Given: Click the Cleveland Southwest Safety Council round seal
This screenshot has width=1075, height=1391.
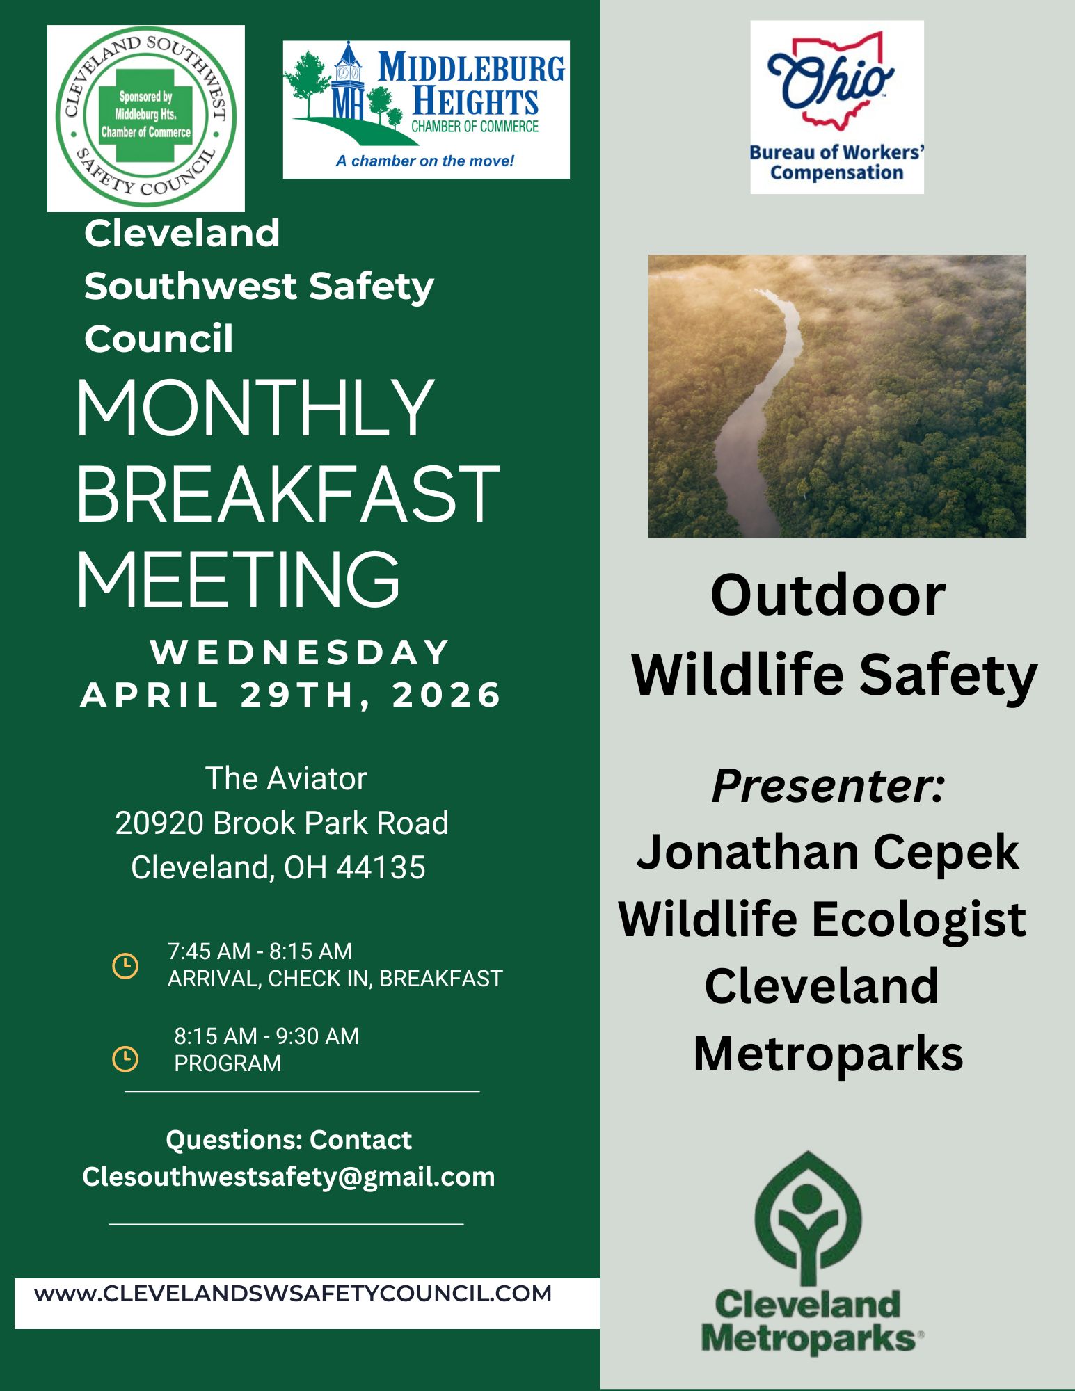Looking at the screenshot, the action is tap(146, 118).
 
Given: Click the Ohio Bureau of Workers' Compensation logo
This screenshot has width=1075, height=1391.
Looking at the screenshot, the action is tap(837, 107).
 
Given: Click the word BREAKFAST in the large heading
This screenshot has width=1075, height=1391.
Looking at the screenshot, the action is tap(288, 493).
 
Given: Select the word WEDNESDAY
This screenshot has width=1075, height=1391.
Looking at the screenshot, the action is tap(300, 652).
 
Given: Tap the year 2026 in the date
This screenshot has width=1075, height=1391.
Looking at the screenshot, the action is tap(447, 695).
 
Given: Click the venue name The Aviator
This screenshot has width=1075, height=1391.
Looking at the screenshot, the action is tap(286, 779).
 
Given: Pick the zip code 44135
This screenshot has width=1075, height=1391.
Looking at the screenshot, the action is tap(381, 867).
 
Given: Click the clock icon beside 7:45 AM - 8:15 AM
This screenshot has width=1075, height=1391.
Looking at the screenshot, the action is tap(125, 966).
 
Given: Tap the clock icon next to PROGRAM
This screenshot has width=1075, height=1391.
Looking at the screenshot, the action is tap(125, 1059).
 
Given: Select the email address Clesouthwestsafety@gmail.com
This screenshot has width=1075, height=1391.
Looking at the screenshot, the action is tap(289, 1177).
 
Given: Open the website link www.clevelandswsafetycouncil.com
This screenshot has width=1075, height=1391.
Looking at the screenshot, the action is tap(293, 1294).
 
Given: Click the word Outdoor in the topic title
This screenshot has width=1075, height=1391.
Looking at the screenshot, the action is tap(828, 595).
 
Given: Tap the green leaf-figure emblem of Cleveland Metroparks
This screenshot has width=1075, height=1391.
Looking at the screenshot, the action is tap(807, 1217).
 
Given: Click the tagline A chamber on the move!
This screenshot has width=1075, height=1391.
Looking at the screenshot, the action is tap(425, 161).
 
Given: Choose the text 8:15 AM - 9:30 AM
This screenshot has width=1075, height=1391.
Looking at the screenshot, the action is tap(266, 1036).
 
